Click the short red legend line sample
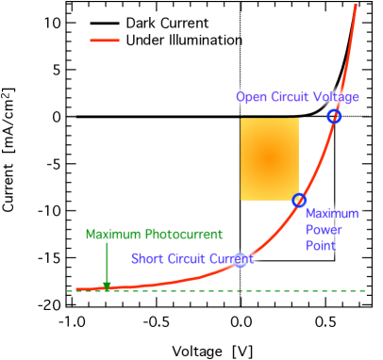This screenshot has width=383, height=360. [105, 41]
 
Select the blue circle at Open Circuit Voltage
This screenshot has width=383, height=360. [334, 116]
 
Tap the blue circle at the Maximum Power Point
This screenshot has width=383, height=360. [299, 200]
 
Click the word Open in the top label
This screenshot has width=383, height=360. [252, 96]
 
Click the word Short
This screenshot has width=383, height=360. [147, 259]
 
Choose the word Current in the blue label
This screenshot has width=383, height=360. [231, 259]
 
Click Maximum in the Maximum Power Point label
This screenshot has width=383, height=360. [332, 214]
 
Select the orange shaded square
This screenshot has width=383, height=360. [269, 158]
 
